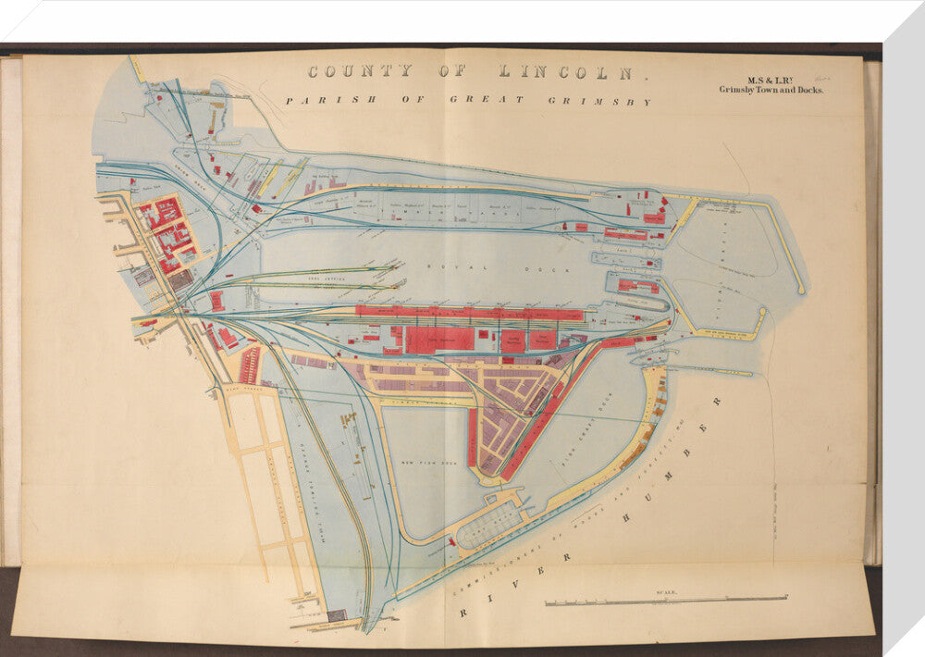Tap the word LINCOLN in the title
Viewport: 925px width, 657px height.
(568, 71)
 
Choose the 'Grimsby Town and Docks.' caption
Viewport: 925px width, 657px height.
(771, 91)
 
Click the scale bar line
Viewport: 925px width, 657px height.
(666, 601)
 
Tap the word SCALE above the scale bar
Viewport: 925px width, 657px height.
(666, 591)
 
